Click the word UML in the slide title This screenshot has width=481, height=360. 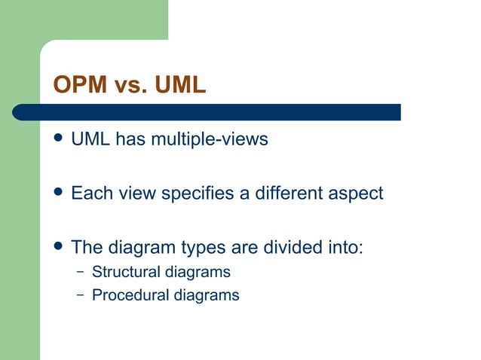pyautogui.click(x=179, y=85)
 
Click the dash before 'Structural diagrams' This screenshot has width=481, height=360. pyautogui.click(x=80, y=271)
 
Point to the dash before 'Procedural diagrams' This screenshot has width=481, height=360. pyautogui.click(x=80, y=295)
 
